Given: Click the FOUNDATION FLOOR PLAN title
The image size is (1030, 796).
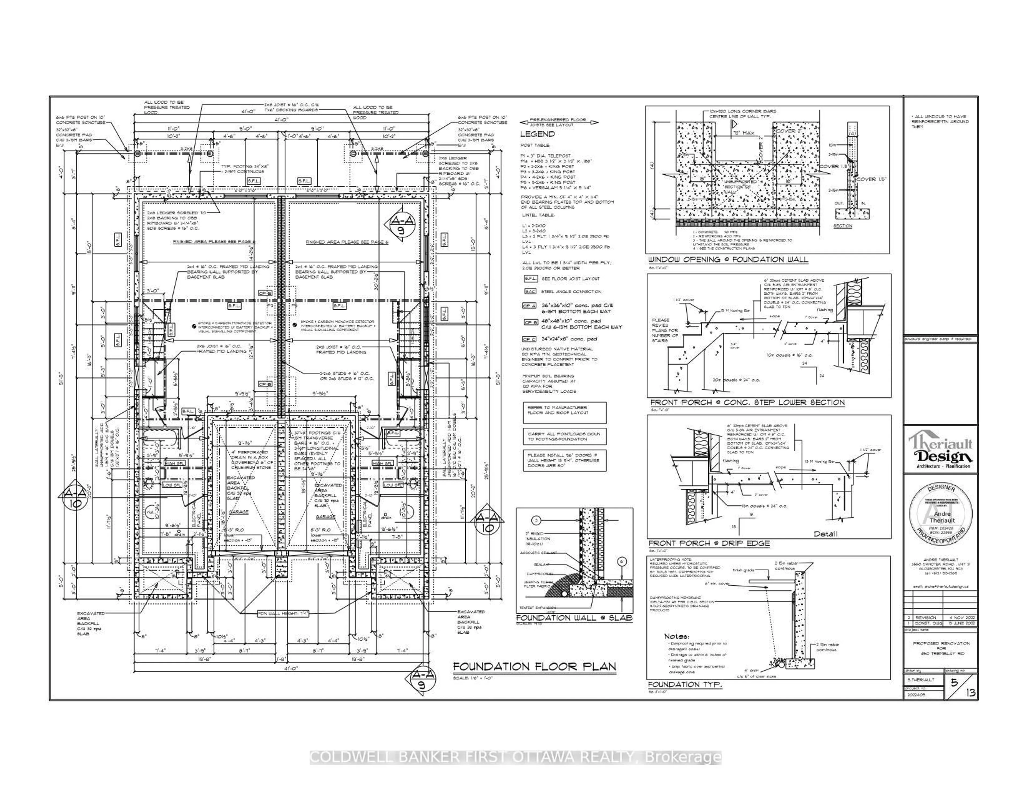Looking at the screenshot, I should (x=534, y=667).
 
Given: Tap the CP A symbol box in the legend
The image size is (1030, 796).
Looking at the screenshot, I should (x=529, y=306).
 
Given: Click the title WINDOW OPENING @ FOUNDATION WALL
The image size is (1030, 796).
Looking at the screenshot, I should (x=728, y=259).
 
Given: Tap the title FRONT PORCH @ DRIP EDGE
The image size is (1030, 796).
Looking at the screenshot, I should (x=709, y=544).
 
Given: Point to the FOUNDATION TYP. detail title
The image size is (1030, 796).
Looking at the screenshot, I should (x=685, y=685).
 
